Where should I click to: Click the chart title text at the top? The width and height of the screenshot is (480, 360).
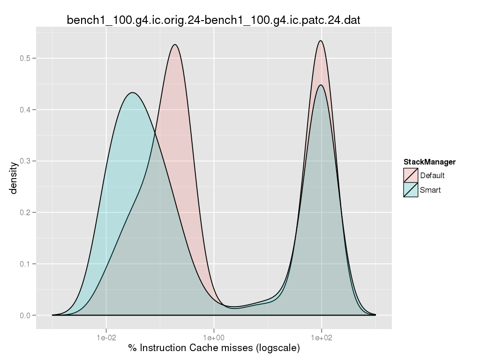pyautogui.click(x=213, y=20)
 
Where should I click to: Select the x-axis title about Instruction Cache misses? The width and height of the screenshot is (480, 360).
pyautogui.click(x=214, y=348)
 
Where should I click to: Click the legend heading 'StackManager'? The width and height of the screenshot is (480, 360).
pyautogui.click(x=429, y=162)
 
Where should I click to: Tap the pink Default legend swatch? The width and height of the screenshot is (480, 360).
pyautogui.click(x=411, y=176)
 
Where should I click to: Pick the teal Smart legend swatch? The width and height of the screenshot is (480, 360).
pyautogui.click(x=411, y=190)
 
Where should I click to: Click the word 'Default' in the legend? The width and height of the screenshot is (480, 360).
pyautogui.click(x=432, y=176)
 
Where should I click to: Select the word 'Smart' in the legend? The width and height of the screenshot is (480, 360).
pyautogui.click(x=430, y=190)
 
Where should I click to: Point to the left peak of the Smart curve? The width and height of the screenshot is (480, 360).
pyautogui.click(x=133, y=93)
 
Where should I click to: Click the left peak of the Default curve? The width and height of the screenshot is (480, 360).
pyautogui.click(x=175, y=45)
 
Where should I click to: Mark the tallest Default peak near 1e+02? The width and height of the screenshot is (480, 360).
pyautogui.click(x=321, y=41)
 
